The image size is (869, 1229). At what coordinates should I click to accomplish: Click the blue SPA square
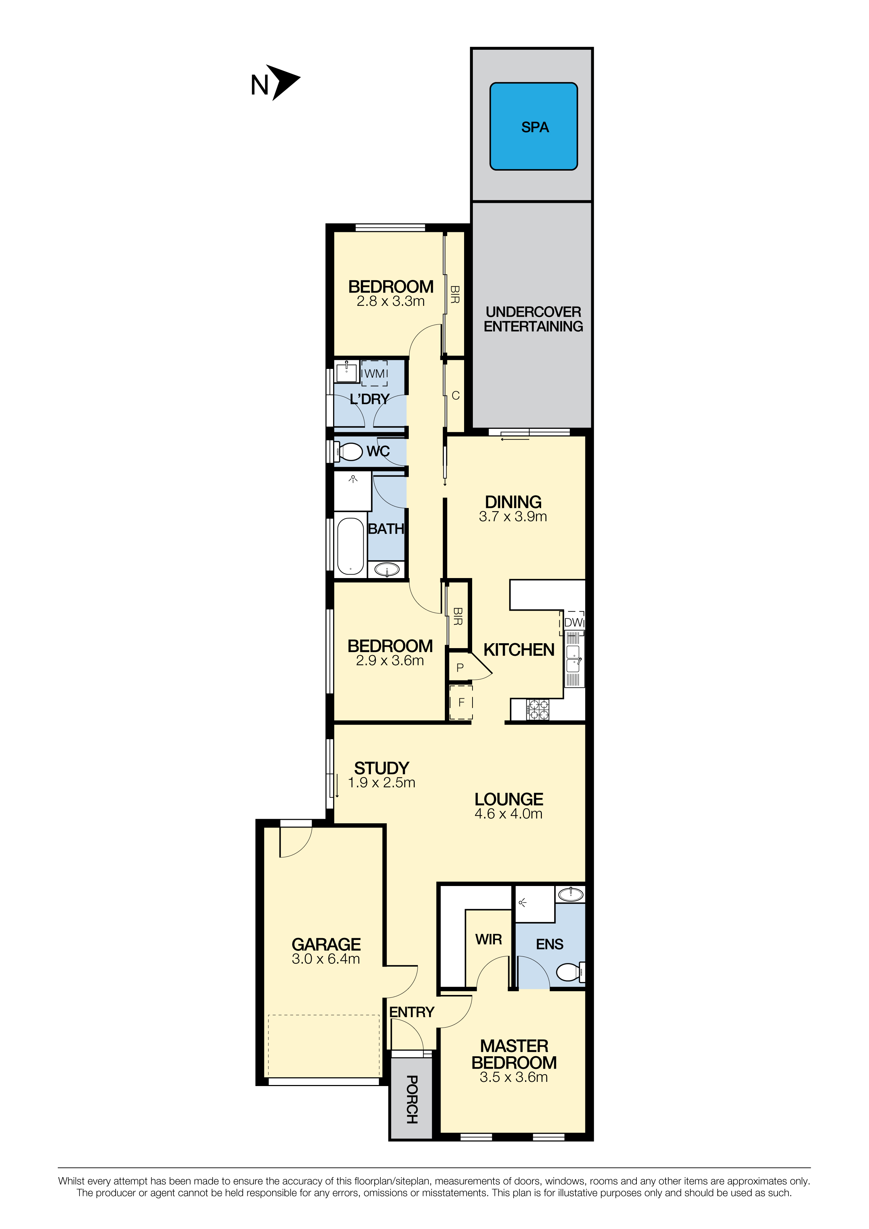pos(533,126)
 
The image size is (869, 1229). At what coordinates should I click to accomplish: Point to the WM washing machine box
pos(374,373)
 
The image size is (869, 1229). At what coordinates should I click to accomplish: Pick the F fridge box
pos(461,703)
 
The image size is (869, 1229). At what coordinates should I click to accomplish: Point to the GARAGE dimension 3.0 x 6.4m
pos(326,959)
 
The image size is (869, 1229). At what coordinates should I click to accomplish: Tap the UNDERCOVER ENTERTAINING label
pos(533,319)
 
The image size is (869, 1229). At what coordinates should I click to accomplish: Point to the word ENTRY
pos(412,1012)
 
